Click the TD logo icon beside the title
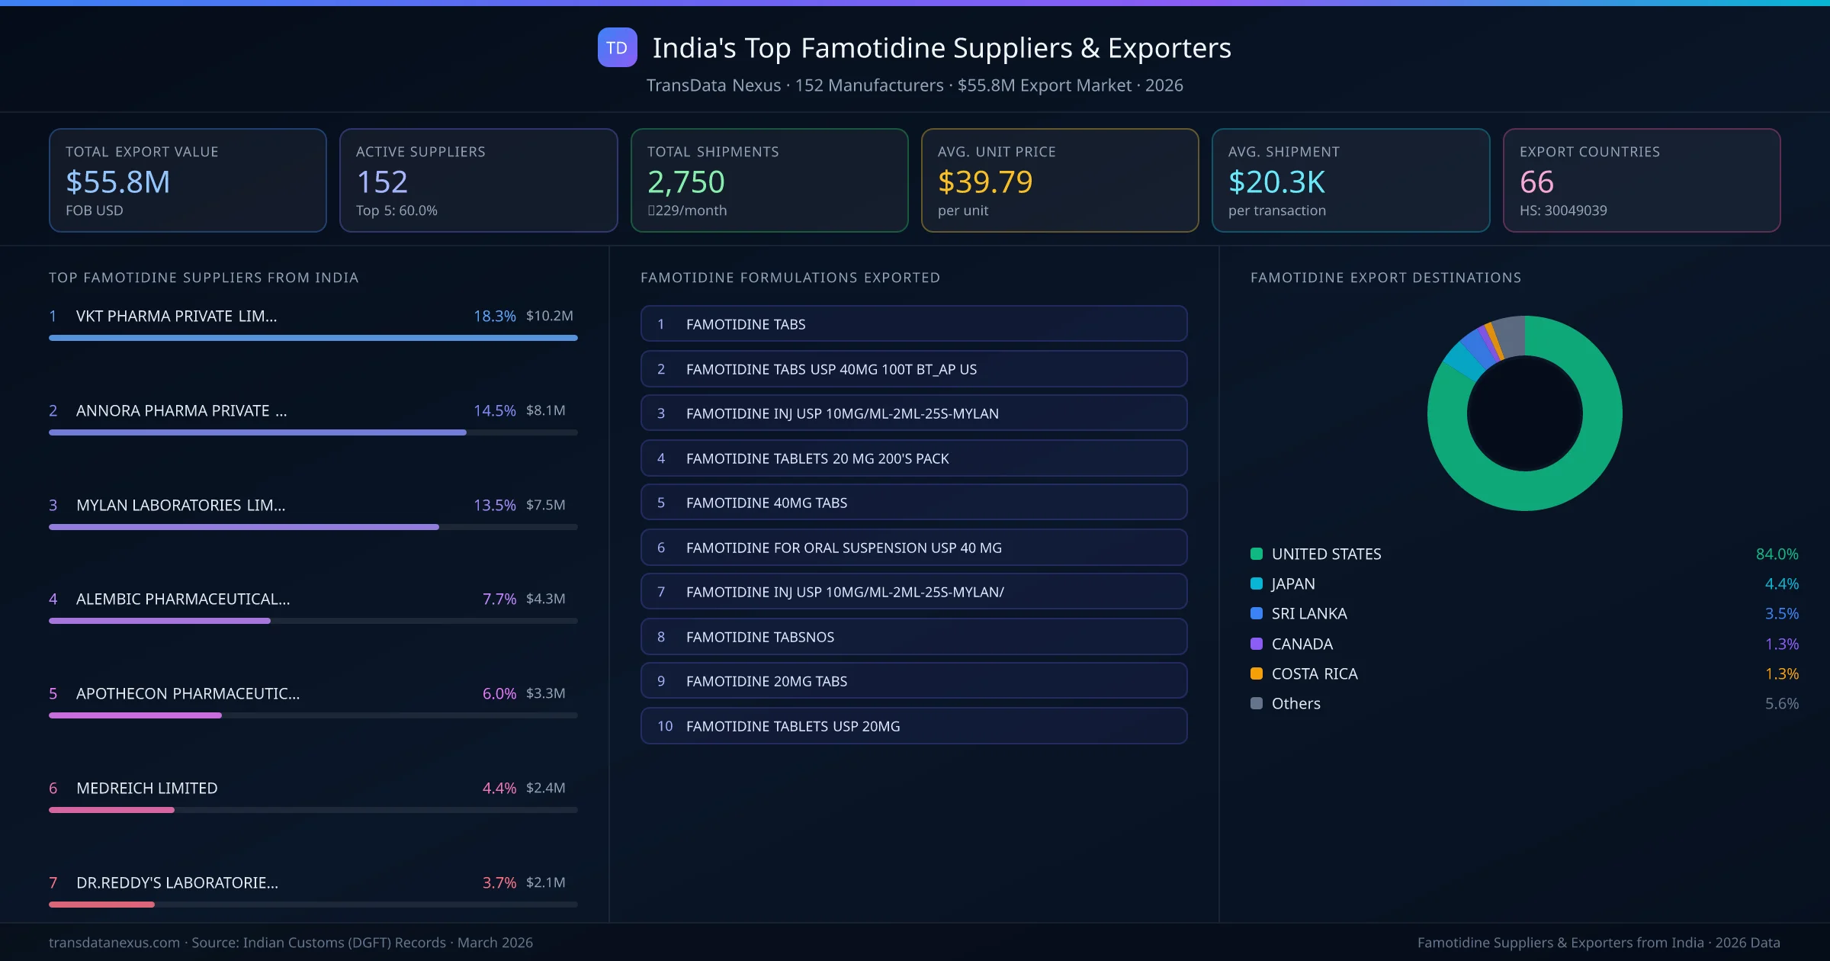pos(617,47)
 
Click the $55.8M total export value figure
pos(117,182)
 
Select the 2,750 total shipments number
pos(685,182)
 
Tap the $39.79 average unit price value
pos(984,182)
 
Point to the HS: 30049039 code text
pos(1562,211)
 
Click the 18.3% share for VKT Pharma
pos(494,316)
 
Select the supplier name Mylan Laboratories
pos(180,505)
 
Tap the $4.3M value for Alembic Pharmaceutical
pos(545,599)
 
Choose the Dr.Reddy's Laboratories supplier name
pos(177,882)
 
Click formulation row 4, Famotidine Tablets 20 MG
pos(913,458)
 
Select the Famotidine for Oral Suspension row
pos(913,548)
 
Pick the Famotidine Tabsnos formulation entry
pos(913,637)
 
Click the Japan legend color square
pos(1257,584)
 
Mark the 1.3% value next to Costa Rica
pos(1781,673)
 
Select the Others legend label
pos(1295,703)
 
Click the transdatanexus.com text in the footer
pos(114,943)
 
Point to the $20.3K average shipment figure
pos(1276,182)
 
